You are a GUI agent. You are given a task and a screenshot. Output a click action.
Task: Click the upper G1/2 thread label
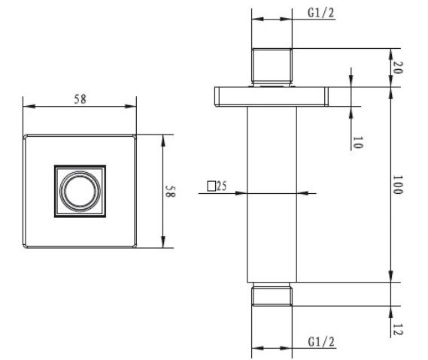(321, 13)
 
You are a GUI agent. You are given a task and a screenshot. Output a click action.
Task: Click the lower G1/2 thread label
(321, 342)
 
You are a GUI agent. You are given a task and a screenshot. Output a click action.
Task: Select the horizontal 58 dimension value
(80, 99)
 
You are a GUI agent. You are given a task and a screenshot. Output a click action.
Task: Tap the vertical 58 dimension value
(170, 192)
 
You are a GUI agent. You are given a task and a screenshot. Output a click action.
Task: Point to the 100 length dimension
(397, 185)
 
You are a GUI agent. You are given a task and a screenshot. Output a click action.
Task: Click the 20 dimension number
(397, 68)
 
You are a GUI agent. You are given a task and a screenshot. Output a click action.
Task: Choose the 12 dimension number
(397, 329)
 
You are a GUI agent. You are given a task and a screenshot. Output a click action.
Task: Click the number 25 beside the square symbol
(221, 186)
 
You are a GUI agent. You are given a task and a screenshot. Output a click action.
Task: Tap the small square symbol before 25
(211, 186)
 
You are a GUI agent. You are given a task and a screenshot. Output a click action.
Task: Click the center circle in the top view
(80, 191)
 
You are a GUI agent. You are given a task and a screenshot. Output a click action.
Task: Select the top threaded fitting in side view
(272, 65)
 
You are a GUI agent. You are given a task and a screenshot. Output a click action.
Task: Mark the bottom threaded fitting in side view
(272, 294)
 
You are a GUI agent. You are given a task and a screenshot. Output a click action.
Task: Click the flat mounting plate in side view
(272, 96)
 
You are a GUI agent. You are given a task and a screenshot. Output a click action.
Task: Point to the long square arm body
(272, 194)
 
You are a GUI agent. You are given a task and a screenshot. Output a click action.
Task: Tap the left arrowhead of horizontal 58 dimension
(29, 106)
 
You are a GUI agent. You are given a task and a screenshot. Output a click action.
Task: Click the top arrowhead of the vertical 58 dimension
(163, 141)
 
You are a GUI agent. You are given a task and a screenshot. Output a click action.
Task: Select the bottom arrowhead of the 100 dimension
(390, 276)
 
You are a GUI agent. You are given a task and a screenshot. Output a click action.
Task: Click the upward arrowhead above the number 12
(390, 312)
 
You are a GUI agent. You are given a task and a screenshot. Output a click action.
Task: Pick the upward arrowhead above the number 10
(351, 113)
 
